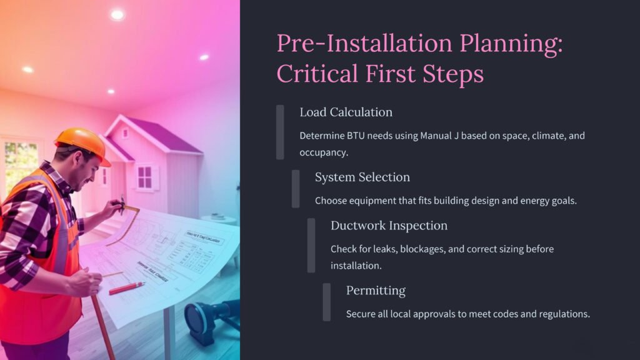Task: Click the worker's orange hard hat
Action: (83, 144)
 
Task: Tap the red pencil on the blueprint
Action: (126, 288)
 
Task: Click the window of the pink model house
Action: (144, 177)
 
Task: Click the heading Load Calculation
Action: (346, 112)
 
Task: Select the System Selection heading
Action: (362, 177)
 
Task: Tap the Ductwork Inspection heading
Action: (389, 226)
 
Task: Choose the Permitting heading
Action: (376, 291)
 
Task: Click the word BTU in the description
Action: (356, 136)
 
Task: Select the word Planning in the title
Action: (511, 43)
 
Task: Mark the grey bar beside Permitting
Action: (326, 302)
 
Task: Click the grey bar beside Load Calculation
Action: (280, 132)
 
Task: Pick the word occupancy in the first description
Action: (324, 152)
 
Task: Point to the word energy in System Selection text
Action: (532, 201)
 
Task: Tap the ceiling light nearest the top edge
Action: (117, 15)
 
